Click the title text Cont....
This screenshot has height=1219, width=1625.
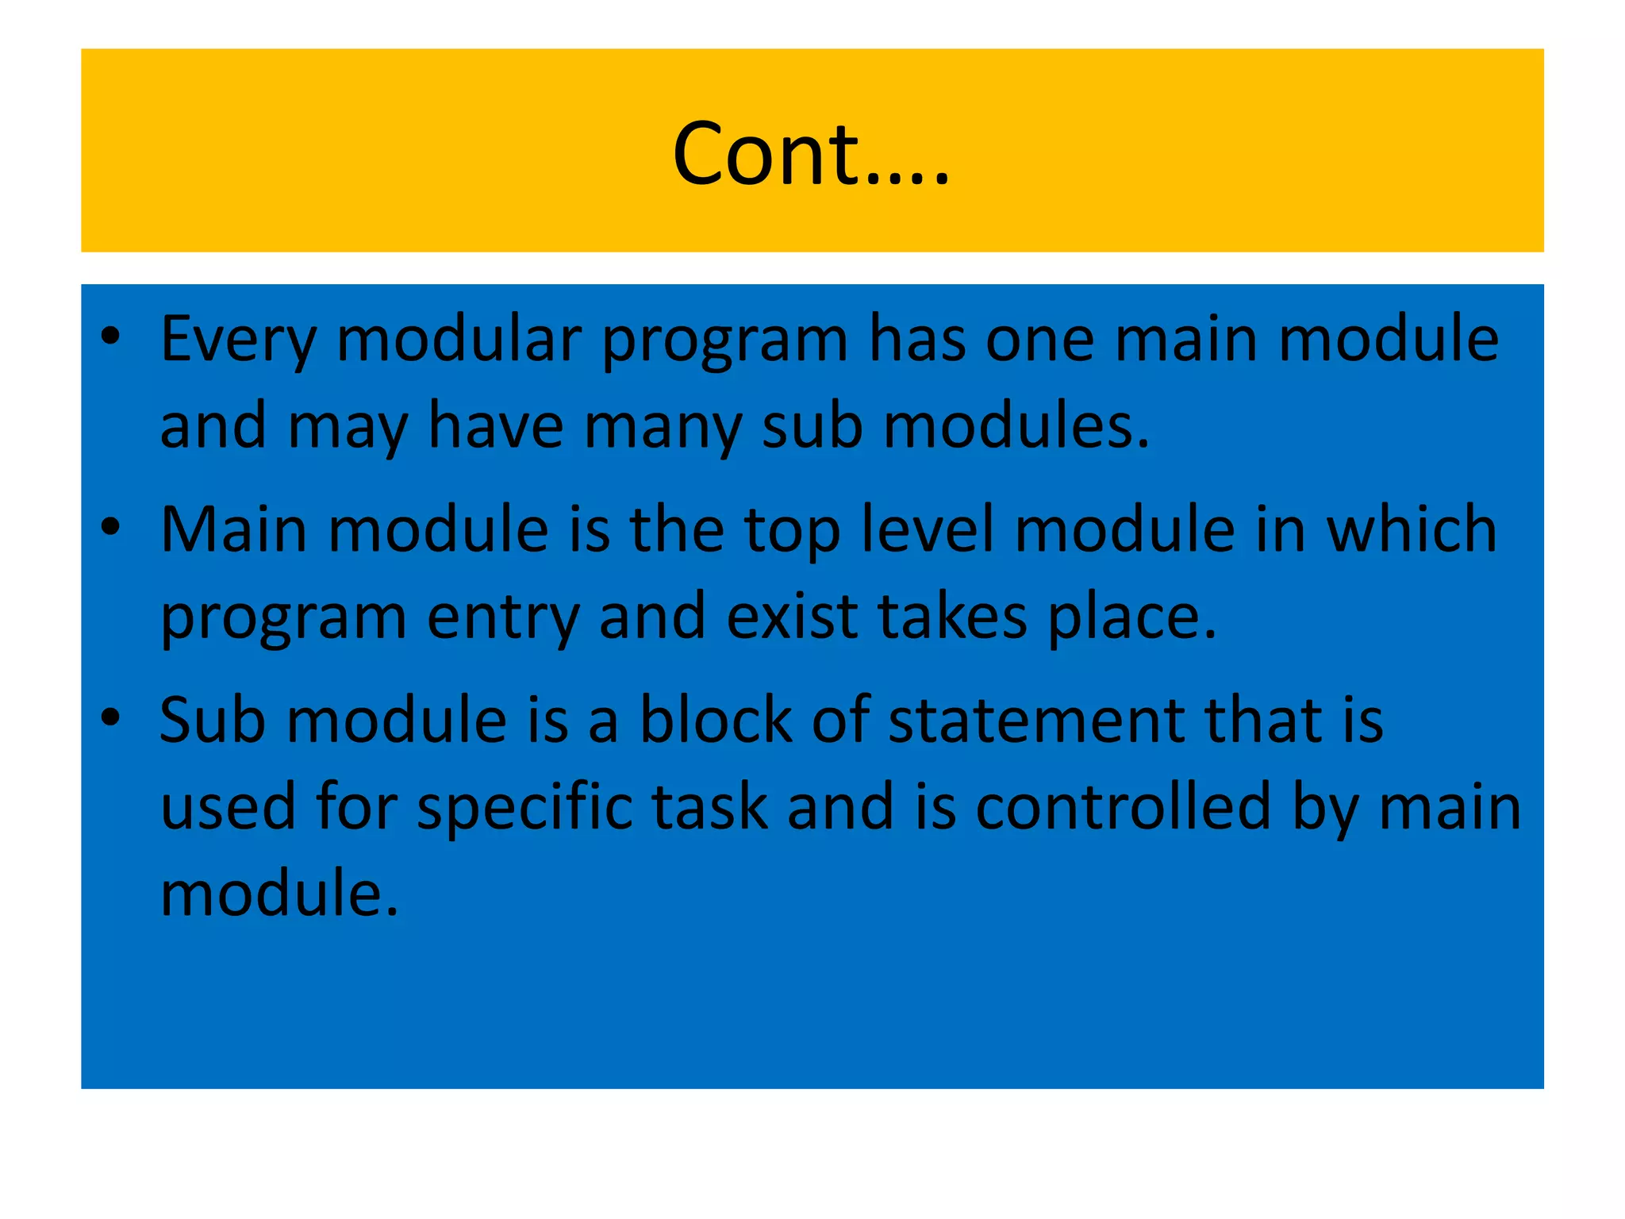click(810, 153)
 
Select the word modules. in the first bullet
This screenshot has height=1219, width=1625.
click(1016, 425)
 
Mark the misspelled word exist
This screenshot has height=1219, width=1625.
click(791, 617)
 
